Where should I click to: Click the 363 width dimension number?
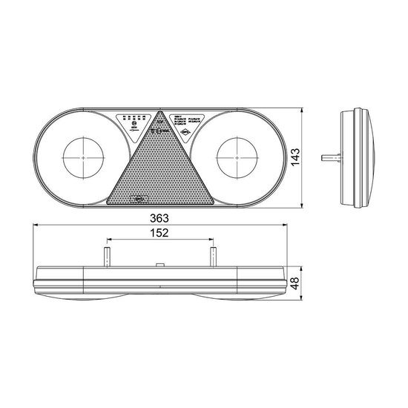coord(159,218)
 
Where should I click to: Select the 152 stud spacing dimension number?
coord(159,233)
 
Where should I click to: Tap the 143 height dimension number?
coord(295,157)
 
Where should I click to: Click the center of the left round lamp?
coord(85,158)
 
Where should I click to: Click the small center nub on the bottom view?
coord(159,265)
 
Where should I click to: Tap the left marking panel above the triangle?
coord(134,119)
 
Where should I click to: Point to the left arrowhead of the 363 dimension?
coord(37,226)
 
